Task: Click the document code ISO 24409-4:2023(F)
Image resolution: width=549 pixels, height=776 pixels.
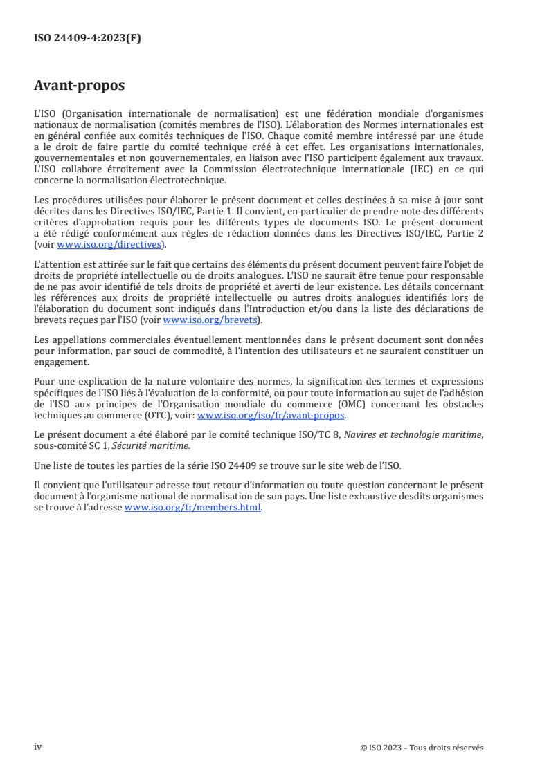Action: coord(87,39)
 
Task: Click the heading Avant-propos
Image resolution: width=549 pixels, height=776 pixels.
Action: coord(79,86)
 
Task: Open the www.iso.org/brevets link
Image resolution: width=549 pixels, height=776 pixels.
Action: coord(208,320)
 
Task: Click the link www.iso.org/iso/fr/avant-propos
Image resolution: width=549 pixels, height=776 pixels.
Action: coord(271,415)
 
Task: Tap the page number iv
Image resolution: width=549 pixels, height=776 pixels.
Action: coord(38,746)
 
